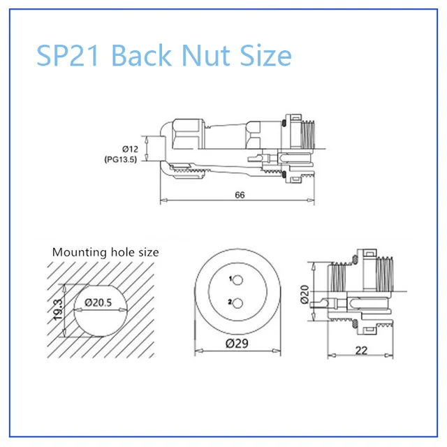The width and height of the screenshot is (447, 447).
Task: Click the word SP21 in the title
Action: click(x=69, y=55)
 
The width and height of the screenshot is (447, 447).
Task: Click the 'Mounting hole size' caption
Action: click(x=105, y=252)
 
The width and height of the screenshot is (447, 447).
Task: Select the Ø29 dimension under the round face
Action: click(x=237, y=343)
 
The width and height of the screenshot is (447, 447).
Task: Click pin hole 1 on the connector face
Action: click(x=237, y=281)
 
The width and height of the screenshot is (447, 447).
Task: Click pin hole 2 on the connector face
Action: click(x=237, y=304)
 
